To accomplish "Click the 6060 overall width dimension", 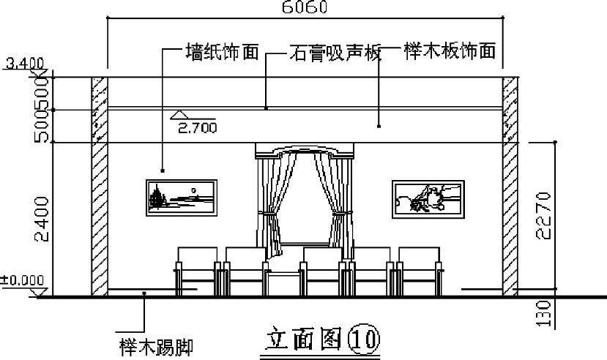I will coord(303,7).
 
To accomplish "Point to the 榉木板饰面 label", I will coord(448,52).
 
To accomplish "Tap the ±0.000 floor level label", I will coord(21,280).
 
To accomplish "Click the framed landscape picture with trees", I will coord(180,198).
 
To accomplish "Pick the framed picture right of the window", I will coord(427,198).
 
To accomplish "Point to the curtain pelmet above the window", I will coord(303,151).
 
